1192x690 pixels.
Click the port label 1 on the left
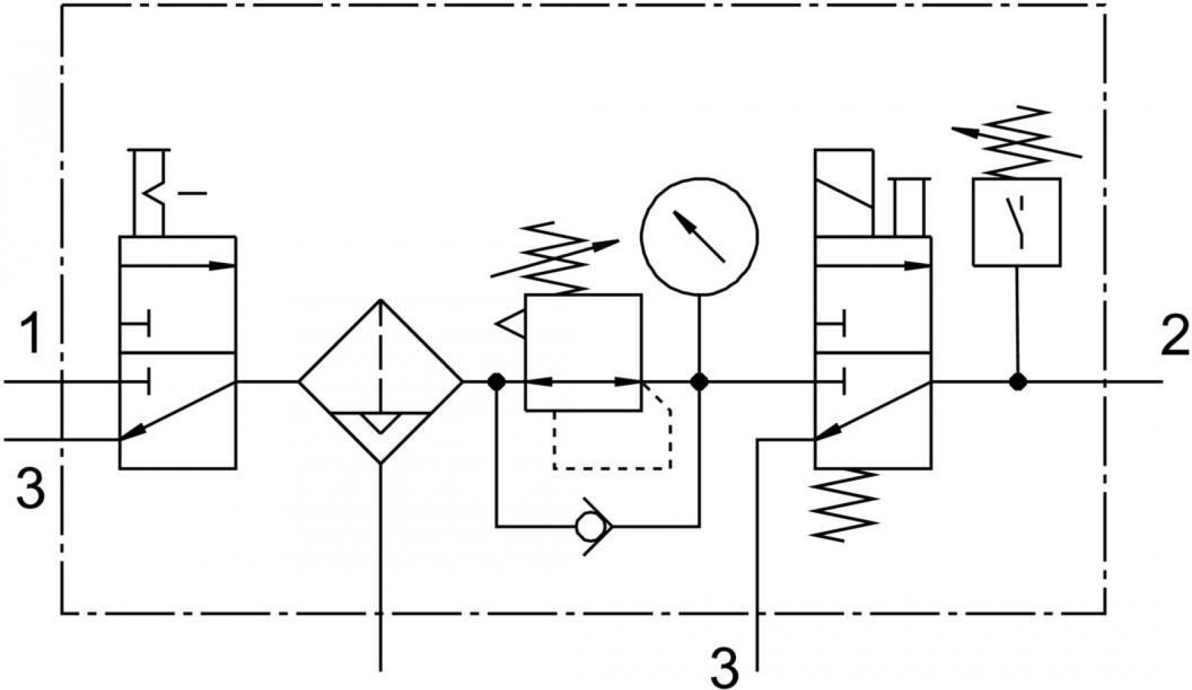(x=30, y=333)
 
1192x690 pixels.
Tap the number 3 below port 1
(x=30, y=487)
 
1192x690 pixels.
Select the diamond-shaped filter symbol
(x=380, y=381)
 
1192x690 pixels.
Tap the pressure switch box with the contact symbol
(x=1017, y=222)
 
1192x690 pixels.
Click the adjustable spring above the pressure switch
(x=1016, y=141)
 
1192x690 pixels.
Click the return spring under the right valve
(x=844, y=504)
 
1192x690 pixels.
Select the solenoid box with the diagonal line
(x=844, y=193)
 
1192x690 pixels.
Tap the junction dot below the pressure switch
(x=1017, y=381)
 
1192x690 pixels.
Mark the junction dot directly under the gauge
(x=699, y=381)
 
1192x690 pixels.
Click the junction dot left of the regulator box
(x=496, y=381)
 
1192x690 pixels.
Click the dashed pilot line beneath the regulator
(x=613, y=469)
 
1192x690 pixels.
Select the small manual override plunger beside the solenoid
(x=909, y=207)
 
